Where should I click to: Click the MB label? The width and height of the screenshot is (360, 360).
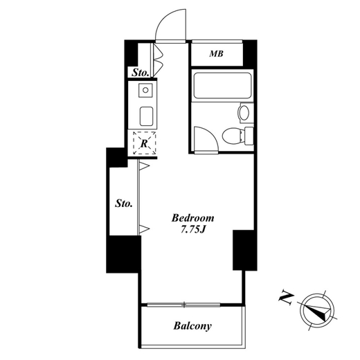pos(216,54)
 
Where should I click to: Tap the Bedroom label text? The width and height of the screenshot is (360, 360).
pos(192,218)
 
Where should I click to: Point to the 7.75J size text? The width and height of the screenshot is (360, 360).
pos(193,230)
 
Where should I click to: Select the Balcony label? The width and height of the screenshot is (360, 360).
pos(192,326)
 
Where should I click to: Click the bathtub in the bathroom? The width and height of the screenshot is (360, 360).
pos(222,85)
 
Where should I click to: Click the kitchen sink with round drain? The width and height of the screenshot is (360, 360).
pos(145,90)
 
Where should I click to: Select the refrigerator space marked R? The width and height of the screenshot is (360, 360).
pos(145,143)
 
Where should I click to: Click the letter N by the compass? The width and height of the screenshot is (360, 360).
pos(286,298)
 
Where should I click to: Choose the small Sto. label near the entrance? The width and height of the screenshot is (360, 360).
pos(140,73)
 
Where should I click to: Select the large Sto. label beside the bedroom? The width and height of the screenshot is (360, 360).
pos(124,204)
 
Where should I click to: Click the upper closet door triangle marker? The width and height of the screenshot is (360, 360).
pos(144,166)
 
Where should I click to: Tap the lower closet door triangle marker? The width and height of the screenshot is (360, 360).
pos(144,229)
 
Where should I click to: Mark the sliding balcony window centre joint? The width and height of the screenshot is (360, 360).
pos(185,305)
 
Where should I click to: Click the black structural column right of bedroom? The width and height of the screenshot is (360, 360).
pos(244,250)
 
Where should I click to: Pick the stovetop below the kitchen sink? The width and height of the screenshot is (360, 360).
pos(146,116)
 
